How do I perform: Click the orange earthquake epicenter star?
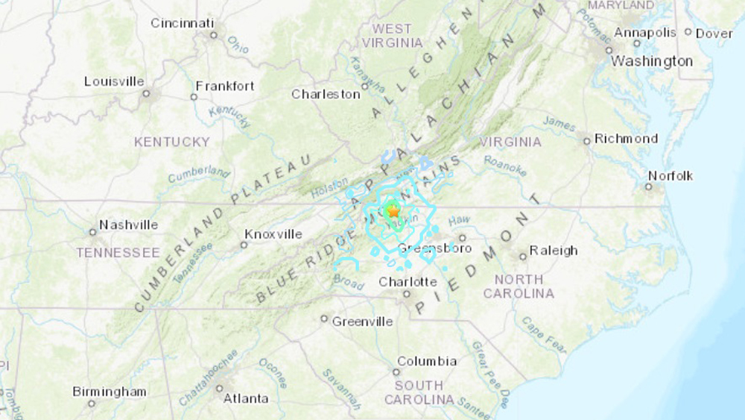[x=393, y=211]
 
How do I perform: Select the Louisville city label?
[x=114, y=81]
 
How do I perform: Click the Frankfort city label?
[x=225, y=86]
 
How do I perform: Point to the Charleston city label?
[x=326, y=94]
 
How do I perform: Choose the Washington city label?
[x=651, y=61]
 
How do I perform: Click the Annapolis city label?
[x=644, y=33]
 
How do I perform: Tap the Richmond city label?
[x=626, y=139]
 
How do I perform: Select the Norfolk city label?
[x=670, y=176]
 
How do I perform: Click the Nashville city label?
[x=128, y=225]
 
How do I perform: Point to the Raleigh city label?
[x=553, y=251]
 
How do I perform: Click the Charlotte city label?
[x=408, y=281]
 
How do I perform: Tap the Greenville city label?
[x=362, y=321]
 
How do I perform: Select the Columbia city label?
[x=426, y=361]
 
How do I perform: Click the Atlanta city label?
[x=246, y=398]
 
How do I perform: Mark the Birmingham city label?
[x=110, y=392]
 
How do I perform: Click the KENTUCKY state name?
[x=172, y=142]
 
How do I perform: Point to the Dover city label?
[x=714, y=34]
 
